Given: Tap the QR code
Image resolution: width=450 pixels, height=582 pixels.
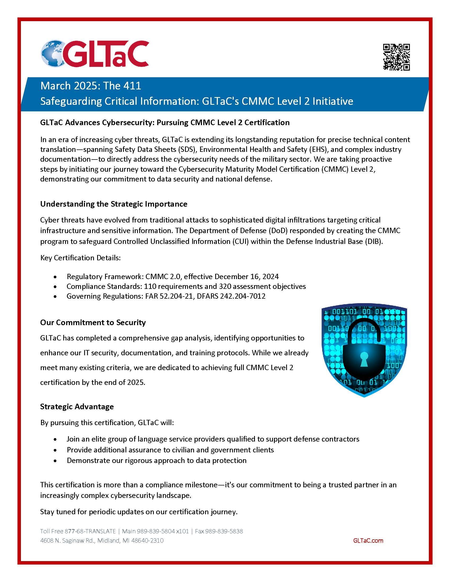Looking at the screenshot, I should tap(396, 57).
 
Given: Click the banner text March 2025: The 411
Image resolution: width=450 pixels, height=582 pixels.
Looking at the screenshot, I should tap(91, 86).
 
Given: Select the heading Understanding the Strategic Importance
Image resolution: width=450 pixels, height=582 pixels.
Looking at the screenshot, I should tap(114, 204).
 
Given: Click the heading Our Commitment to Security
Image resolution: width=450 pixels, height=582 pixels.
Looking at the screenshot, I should tap(93, 322).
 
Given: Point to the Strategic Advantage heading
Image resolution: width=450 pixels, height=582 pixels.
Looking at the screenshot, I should tap(77, 406).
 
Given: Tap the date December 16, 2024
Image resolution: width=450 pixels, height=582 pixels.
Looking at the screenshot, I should tap(247, 276).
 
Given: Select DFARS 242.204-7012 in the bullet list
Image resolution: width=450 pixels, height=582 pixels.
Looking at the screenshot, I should tap(231, 296).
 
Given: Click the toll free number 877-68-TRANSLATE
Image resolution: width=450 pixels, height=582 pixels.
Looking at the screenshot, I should tap(90, 531).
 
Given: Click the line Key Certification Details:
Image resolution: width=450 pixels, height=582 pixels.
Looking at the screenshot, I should tap(80, 258).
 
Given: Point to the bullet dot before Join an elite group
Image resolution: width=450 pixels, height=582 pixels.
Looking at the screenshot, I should tap(55, 439).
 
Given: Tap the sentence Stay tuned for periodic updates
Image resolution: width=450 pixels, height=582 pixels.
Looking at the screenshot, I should tap(139, 512).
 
